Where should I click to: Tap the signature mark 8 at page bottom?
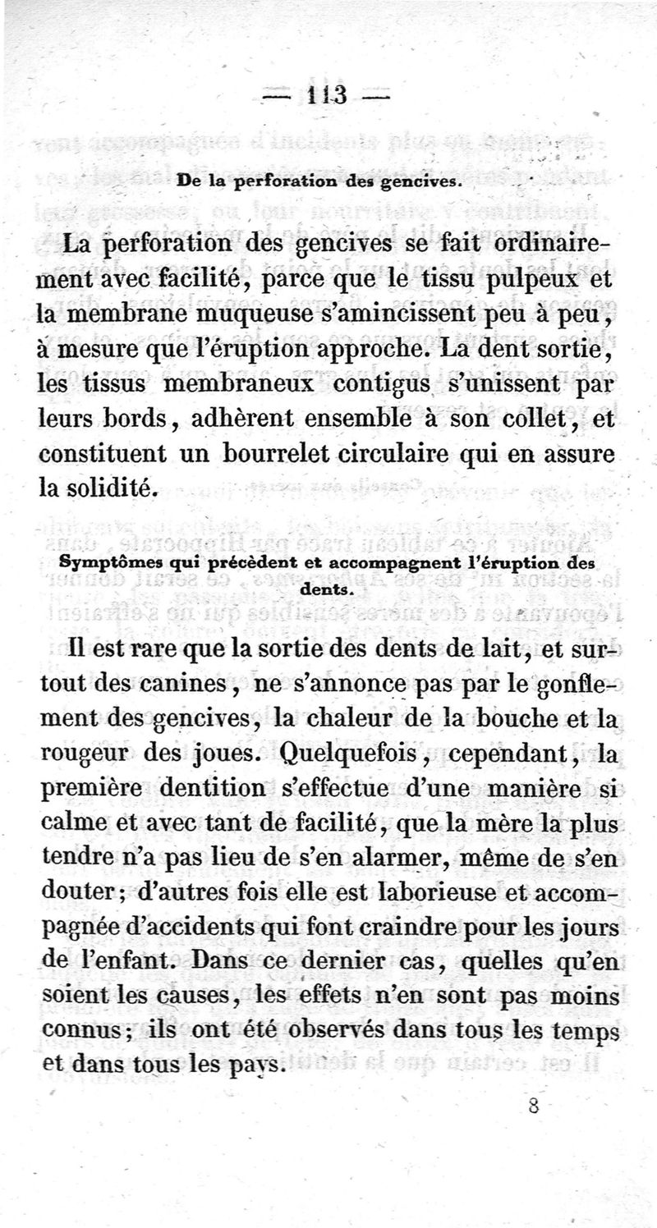tap(533, 1105)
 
